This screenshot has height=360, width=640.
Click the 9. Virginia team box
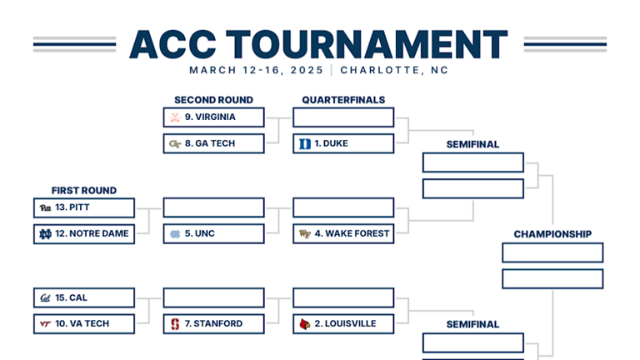(213, 117)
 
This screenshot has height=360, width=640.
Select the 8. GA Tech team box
(213, 143)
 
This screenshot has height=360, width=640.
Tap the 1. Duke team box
(343, 143)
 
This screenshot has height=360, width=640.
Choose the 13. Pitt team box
(84, 207)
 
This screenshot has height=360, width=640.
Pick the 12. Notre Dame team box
(84, 233)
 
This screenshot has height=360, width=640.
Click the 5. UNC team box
(213, 233)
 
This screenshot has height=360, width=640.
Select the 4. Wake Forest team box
(343, 233)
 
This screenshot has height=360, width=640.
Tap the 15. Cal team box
(84, 297)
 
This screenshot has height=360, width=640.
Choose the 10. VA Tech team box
(84, 323)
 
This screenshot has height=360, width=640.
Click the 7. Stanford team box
(213, 323)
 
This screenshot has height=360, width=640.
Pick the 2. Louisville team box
(343, 323)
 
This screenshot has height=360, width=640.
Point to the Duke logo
(305, 143)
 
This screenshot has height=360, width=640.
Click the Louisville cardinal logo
(305, 323)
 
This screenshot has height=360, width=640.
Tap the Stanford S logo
(175, 323)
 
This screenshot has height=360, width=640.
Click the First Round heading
(84, 190)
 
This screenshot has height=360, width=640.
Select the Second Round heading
(213, 100)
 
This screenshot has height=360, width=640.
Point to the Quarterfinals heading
(343, 100)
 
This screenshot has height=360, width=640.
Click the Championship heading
(552, 234)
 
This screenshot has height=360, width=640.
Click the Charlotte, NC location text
(394, 71)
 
